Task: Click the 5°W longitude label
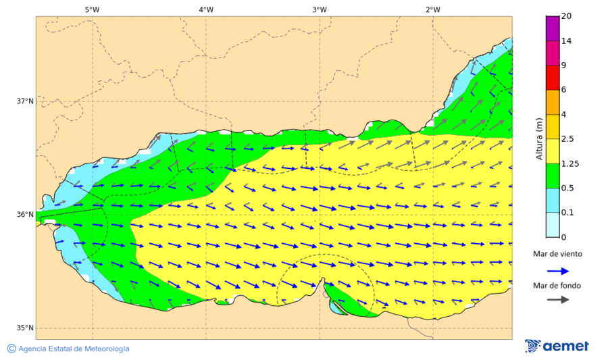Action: pyautogui.click(x=93, y=9)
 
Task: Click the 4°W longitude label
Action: pyautogui.click(x=206, y=9)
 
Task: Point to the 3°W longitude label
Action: pyautogui.click(x=320, y=9)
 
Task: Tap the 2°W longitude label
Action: pyautogui.click(x=433, y=9)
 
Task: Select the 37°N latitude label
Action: pyautogui.click(x=25, y=101)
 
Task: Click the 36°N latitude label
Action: pyautogui.click(x=25, y=215)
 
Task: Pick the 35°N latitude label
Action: pyautogui.click(x=25, y=328)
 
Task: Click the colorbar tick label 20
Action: pyautogui.click(x=566, y=16)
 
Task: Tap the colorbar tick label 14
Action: pyautogui.click(x=566, y=41)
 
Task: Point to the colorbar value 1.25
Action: pyautogui.click(x=570, y=163)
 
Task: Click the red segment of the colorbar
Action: pyautogui.click(x=553, y=78)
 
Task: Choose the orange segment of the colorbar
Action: pyautogui.click(x=553, y=102)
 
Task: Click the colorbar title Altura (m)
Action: pyautogui.click(x=539, y=138)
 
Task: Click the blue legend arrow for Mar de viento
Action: pyautogui.click(x=557, y=270)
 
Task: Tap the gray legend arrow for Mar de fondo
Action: pyautogui.click(x=557, y=301)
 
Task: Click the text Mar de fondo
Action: pyautogui.click(x=557, y=286)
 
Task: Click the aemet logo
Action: pyautogui.click(x=557, y=346)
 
